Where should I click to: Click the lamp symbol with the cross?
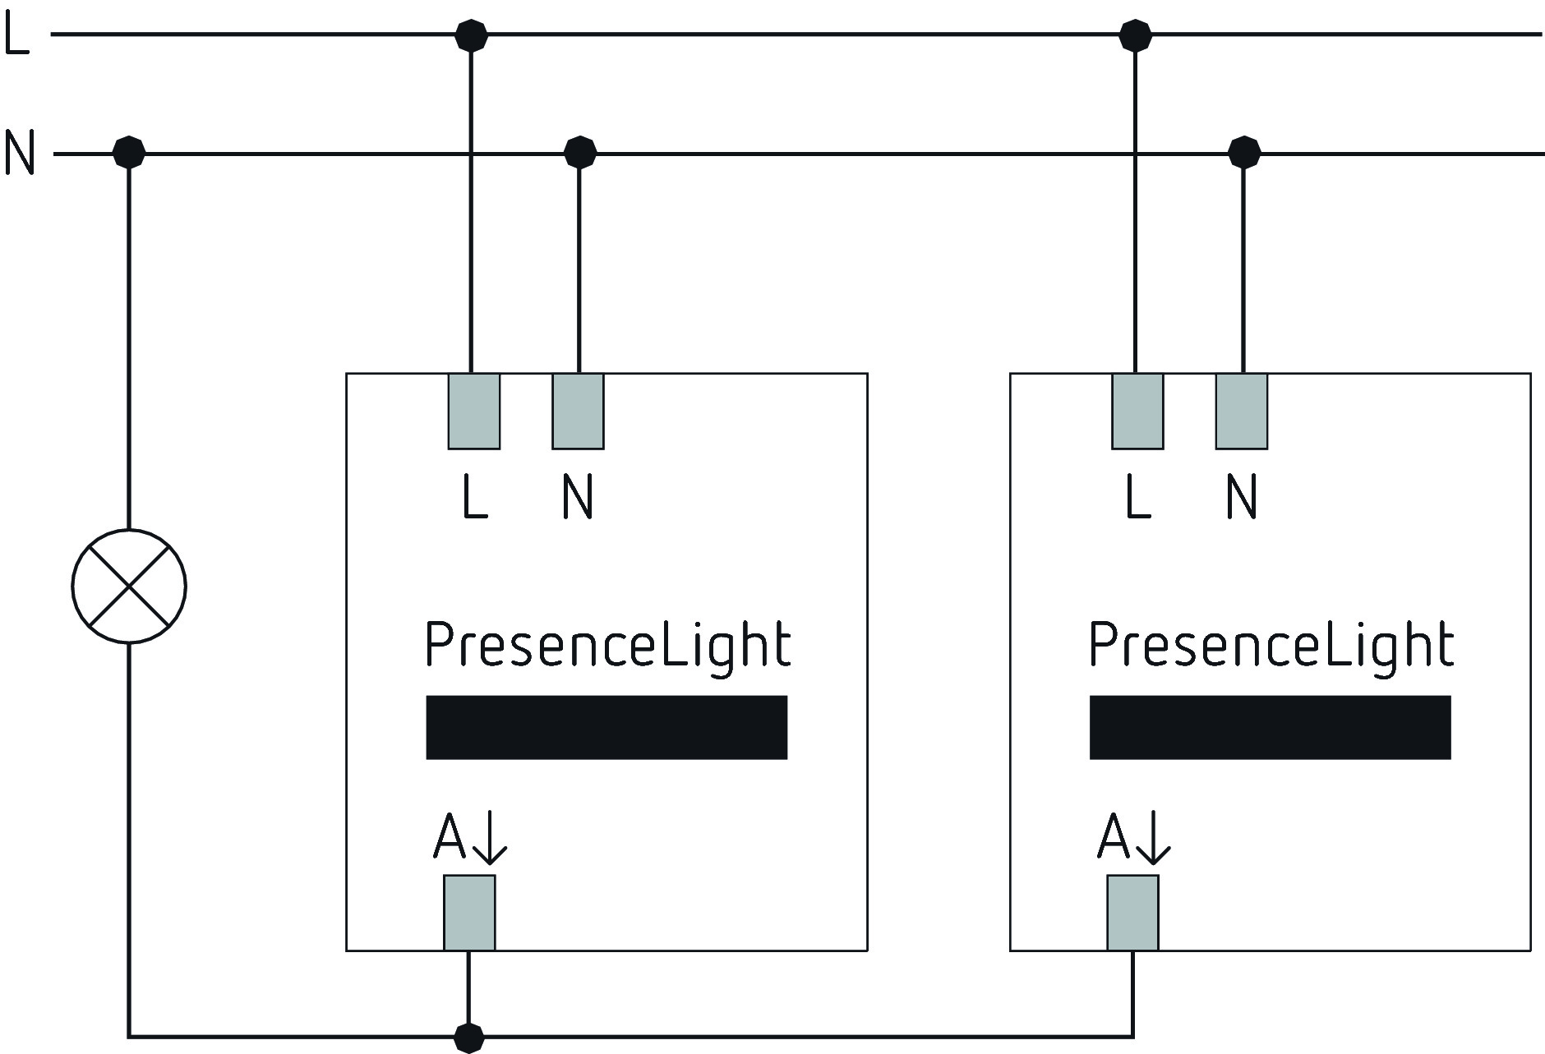click(129, 586)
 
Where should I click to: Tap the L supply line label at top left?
click(16, 35)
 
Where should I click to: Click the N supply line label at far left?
click(20, 153)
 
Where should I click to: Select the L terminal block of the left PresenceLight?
click(474, 412)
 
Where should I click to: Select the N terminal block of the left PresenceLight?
click(578, 412)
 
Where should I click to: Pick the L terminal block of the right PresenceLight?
click(1137, 412)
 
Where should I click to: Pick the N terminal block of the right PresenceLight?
click(1242, 412)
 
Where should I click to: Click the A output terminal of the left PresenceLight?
click(469, 913)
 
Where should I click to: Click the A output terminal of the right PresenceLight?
click(1132, 913)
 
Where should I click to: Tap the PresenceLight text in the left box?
click(608, 646)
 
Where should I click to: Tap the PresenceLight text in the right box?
click(1271, 646)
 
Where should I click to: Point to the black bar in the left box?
click(606, 727)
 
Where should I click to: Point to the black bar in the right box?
click(1271, 727)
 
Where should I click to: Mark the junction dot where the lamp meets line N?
click(129, 152)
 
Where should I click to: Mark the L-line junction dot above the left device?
click(471, 35)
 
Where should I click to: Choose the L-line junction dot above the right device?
click(1135, 35)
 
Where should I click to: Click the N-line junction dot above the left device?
click(580, 153)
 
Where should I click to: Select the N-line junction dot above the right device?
click(1244, 153)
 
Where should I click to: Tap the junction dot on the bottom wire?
click(469, 1037)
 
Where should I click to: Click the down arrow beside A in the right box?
click(1153, 838)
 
